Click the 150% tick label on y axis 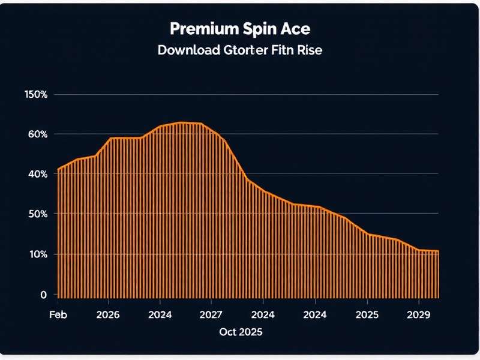pyautogui.click(x=36, y=94)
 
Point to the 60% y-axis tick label pyautogui.click(x=36, y=134)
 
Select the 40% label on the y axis pyautogui.click(x=36, y=174)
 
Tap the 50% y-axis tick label pyautogui.click(x=36, y=214)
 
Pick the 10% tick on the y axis pyautogui.click(x=36, y=254)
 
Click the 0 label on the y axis pyautogui.click(x=43, y=295)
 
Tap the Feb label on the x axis pyautogui.click(x=58, y=314)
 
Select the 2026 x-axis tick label pyautogui.click(x=108, y=314)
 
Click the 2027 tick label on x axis pyautogui.click(x=211, y=314)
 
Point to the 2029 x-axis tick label pyautogui.click(x=419, y=314)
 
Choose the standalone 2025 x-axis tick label pyautogui.click(x=367, y=314)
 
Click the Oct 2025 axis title pyautogui.click(x=240, y=332)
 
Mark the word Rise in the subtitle pyautogui.click(x=310, y=50)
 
